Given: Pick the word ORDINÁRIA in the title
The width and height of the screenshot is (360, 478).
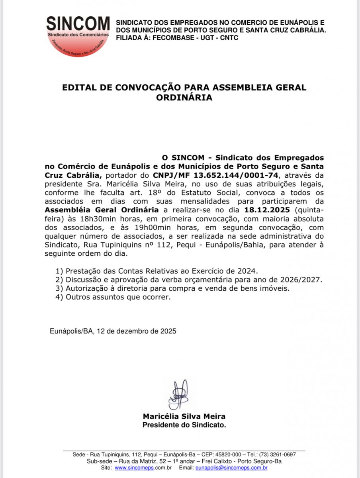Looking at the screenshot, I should [x=184, y=97].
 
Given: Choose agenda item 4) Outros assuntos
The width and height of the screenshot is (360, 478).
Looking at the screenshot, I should [x=113, y=297].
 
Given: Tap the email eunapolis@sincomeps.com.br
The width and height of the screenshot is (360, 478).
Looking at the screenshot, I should [x=231, y=468].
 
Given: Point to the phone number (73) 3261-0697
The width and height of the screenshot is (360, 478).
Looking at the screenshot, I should [x=277, y=454].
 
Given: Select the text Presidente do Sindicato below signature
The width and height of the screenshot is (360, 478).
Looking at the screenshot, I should [x=184, y=425].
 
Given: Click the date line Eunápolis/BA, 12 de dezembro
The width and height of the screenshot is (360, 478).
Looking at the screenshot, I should [x=113, y=331].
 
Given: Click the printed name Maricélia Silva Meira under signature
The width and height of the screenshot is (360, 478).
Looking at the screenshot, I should [x=184, y=417].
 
